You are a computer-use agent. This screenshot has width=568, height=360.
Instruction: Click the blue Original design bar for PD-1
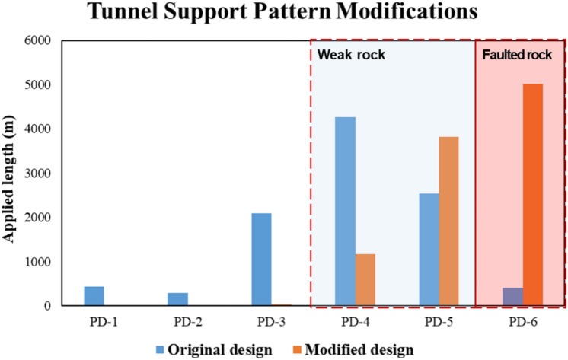coord(94,296)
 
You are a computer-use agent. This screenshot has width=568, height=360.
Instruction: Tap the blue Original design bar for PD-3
coord(261,260)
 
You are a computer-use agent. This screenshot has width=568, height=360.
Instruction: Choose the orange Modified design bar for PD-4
coord(365,279)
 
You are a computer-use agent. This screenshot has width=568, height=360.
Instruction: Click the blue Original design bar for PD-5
coord(428,250)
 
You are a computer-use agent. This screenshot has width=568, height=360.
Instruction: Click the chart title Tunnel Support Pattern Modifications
coord(283,14)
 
